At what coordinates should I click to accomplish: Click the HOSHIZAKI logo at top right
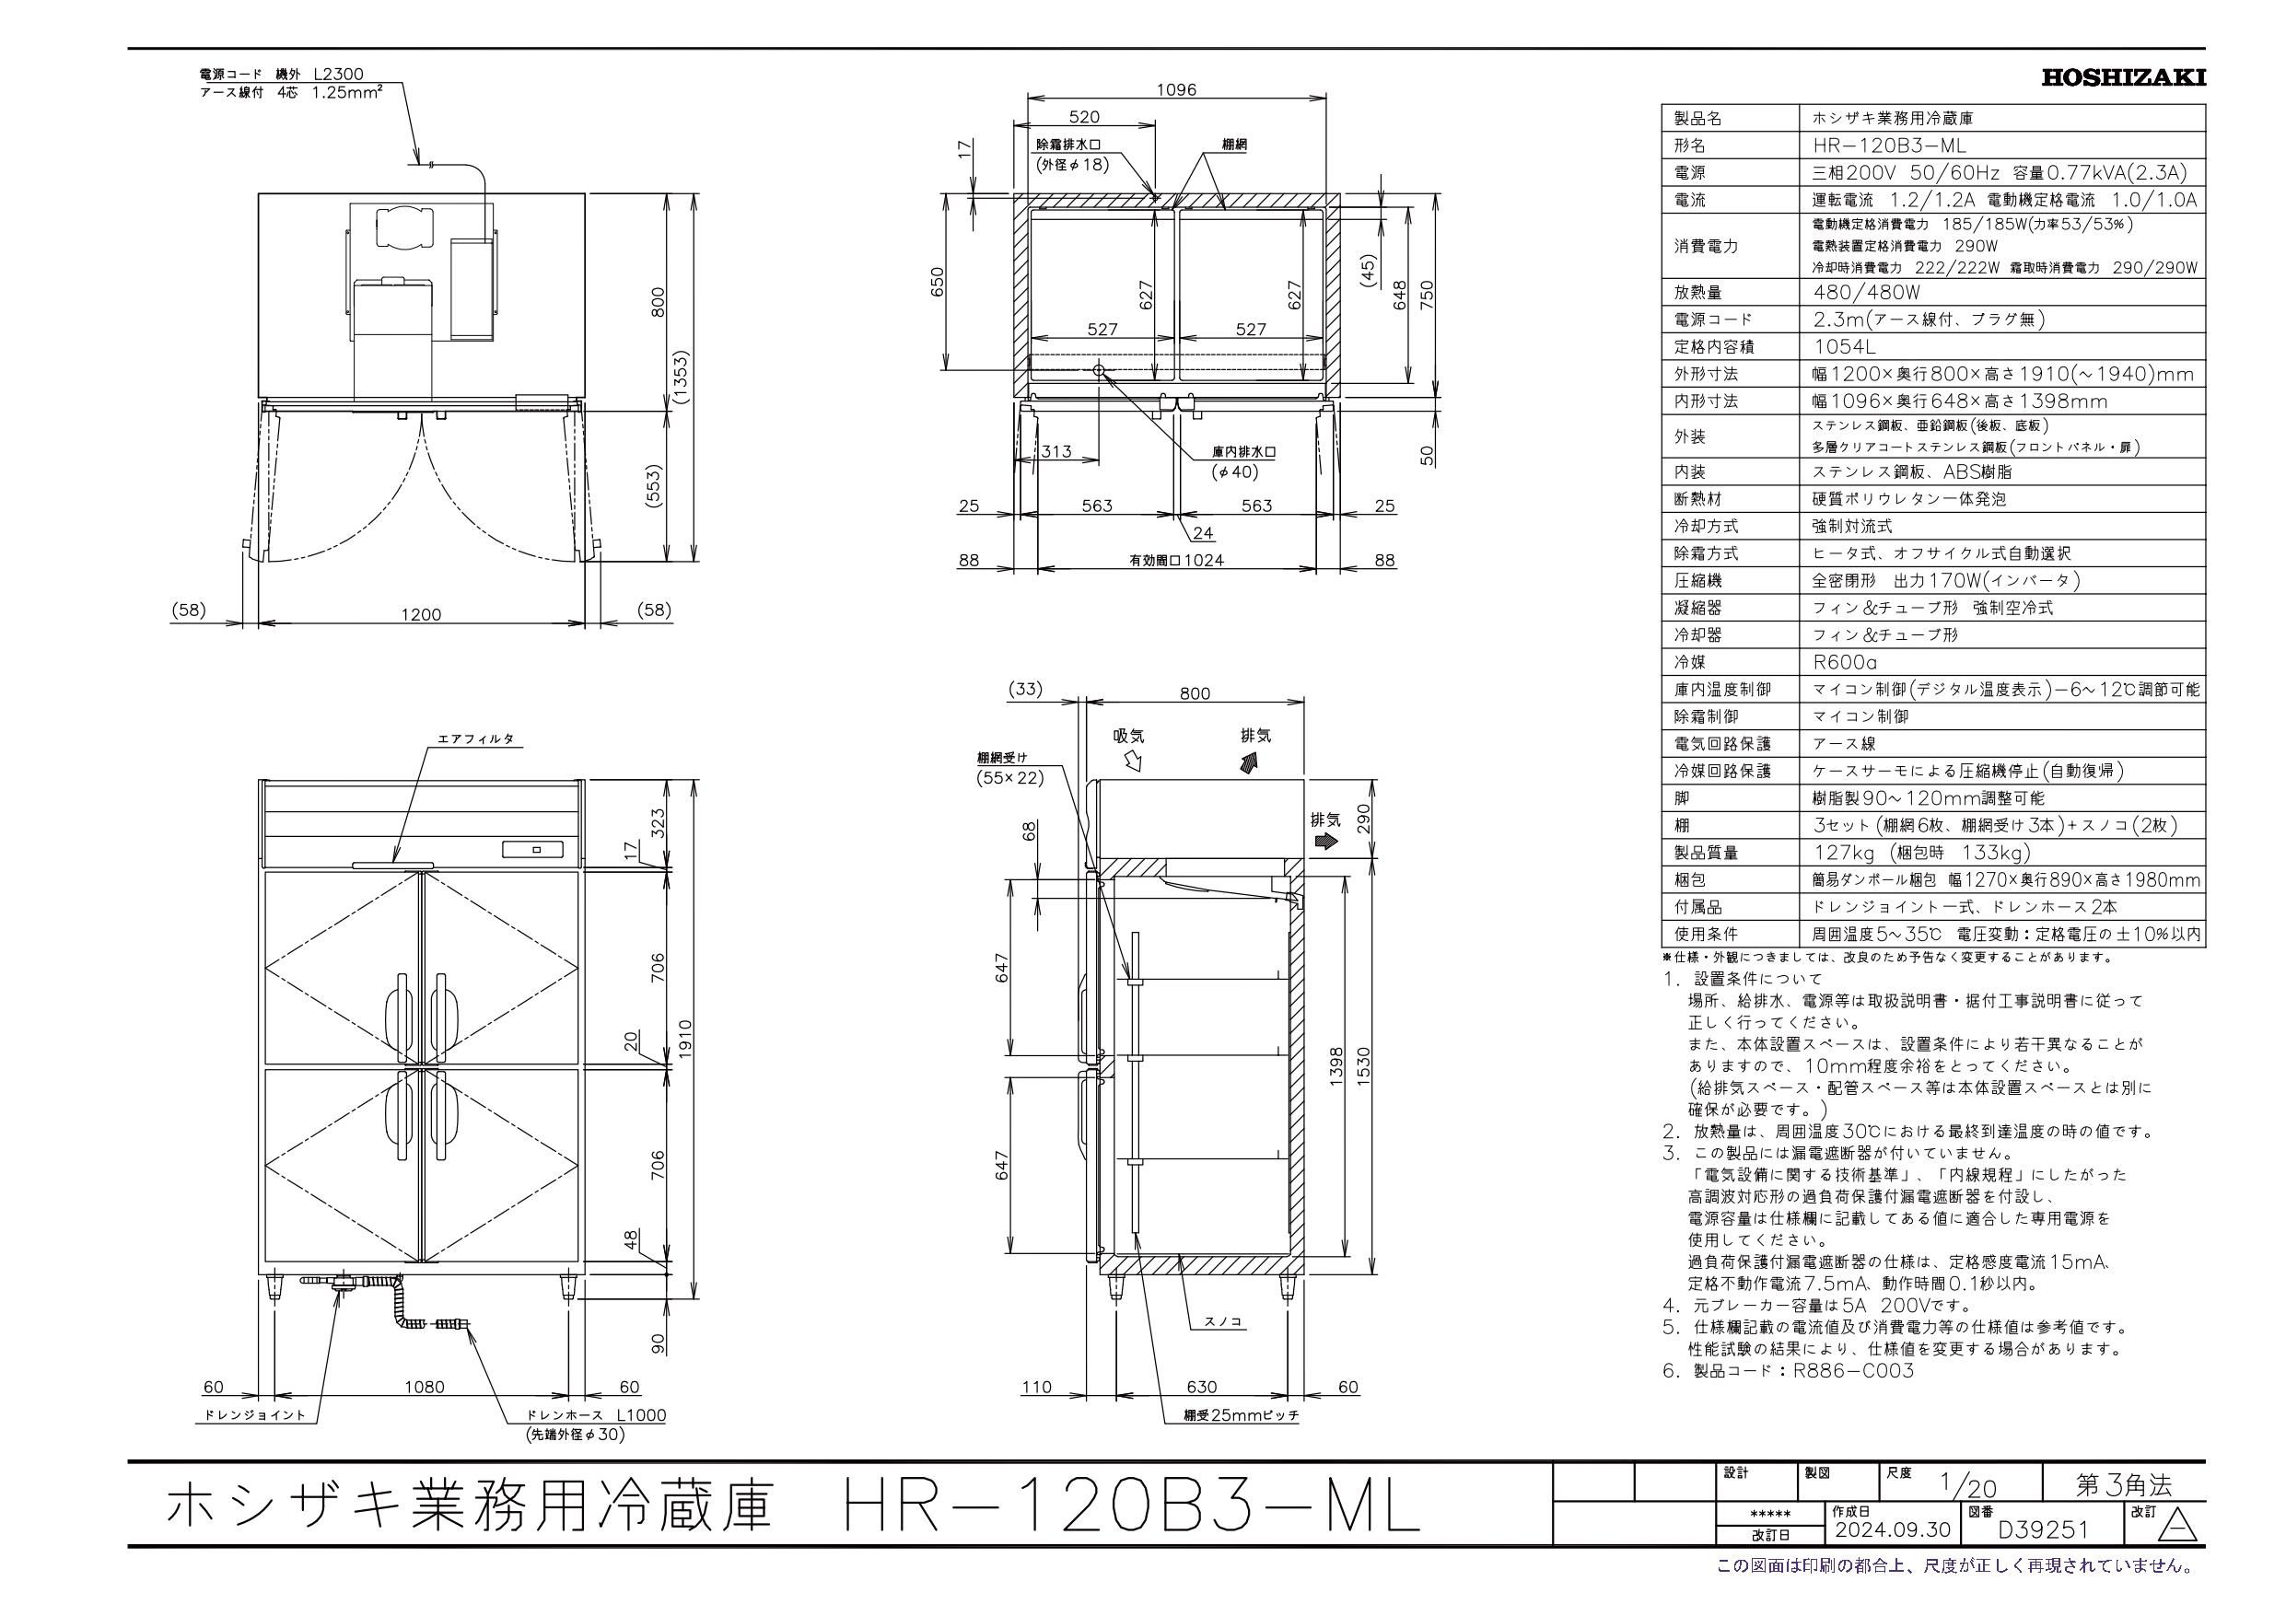(2124, 77)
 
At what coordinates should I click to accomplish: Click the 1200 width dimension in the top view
(421, 614)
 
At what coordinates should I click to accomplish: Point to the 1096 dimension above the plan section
(1176, 89)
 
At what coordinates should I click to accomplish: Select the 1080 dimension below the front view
(425, 1387)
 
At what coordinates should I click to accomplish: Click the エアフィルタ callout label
(476, 738)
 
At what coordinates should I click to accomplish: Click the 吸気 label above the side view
(1129, 736)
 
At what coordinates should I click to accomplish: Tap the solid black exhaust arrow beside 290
(1325, 842)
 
